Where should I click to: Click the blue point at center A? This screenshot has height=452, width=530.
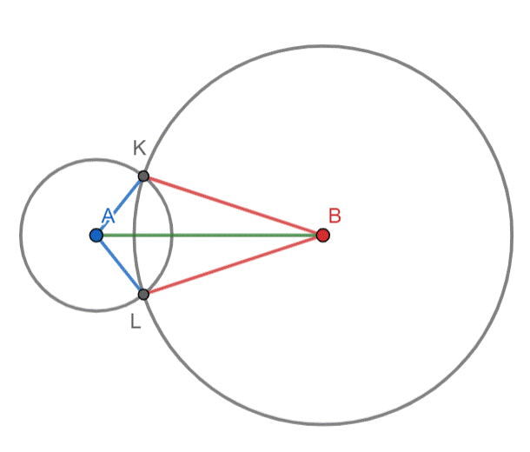click(x=96, y=235)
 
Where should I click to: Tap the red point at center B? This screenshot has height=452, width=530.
click(x=323, y=235)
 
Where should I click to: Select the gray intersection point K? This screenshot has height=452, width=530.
click(x=143, y=176)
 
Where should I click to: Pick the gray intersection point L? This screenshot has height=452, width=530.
click(x=143, y=294)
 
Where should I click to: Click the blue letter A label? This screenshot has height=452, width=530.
click(x=108, y=216)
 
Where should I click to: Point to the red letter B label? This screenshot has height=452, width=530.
click(x=335, y=216)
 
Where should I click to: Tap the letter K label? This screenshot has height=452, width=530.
click(x=139, y=148)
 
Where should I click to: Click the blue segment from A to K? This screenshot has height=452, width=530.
click(x=120, y=205)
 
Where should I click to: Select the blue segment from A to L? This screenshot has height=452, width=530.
click(x=120, y=265)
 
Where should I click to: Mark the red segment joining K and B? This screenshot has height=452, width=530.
click(x=233, y=205)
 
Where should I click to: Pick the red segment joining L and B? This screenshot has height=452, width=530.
click(x=233, y=265)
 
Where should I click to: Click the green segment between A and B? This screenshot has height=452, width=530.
click(x=209, y=235)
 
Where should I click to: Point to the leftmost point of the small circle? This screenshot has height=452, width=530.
click(x=20, y=235)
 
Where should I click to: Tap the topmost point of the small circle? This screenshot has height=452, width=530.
click(x=96, y=159)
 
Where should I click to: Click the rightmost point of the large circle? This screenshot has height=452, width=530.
click(x=512, y=235)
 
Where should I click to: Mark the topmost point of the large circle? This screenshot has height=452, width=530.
click(x=323, y=45)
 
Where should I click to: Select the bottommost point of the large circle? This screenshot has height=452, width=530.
click(x=323, y=424)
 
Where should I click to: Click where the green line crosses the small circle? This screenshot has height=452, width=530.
click(x=172, y=235)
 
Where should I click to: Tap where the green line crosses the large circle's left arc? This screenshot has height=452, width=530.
click(x=134, y=235)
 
